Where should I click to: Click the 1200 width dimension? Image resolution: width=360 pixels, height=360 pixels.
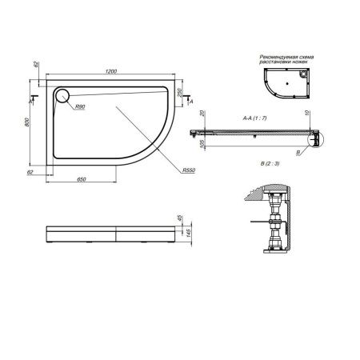[110, 73]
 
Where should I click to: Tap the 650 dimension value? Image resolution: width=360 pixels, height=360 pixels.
[82, 180]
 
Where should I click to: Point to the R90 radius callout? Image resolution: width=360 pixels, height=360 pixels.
[80, 106]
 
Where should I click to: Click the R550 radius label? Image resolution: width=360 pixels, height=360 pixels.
[188, 170]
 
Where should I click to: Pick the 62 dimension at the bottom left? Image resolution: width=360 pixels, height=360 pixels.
[30, 172]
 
